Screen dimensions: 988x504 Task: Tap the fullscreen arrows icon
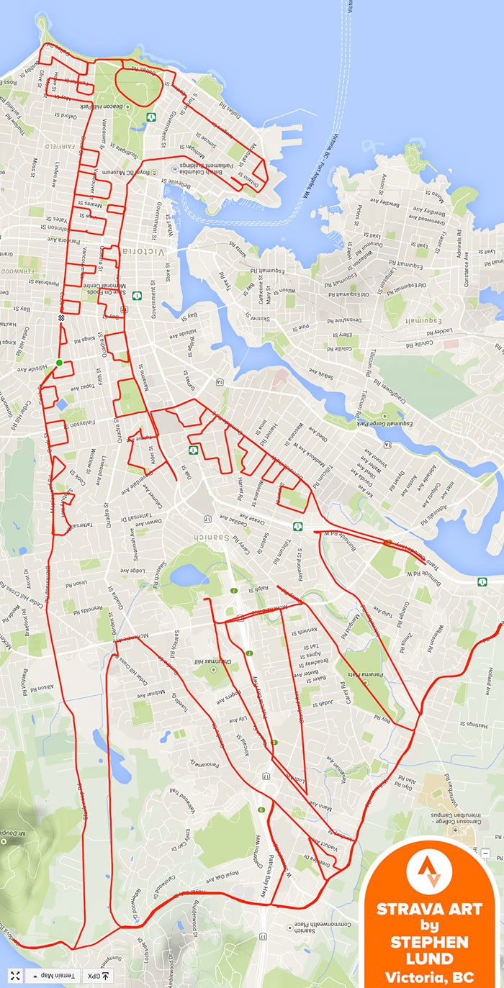pos(14,976)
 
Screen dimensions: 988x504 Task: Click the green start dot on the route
pos(59,363)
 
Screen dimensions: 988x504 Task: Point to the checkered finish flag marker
pos(60,317)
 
